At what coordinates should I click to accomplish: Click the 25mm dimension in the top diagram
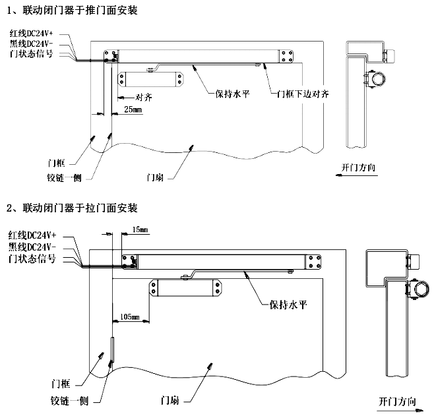pos(133,110)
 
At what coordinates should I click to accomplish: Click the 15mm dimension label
pos(140,230)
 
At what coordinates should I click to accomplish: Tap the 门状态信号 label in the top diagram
pos(36,53)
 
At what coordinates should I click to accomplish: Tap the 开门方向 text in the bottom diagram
pos(398,401)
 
